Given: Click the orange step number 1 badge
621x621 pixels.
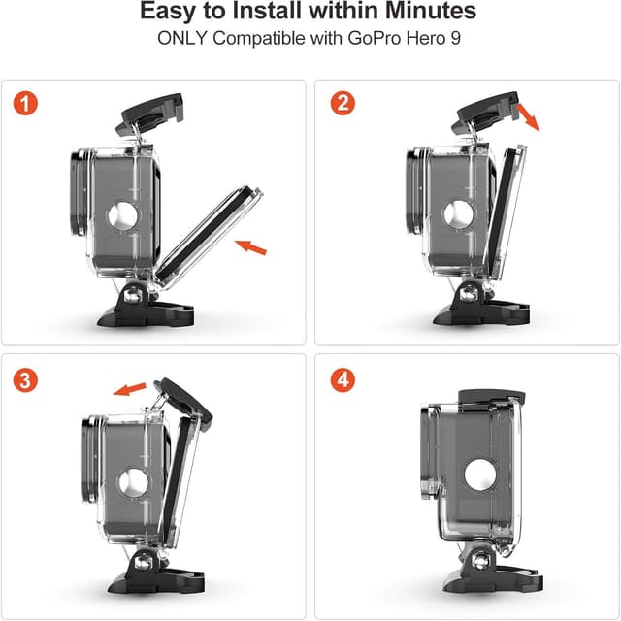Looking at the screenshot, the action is pyautogui.click(x=25, y=104).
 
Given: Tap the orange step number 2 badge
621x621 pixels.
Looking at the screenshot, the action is pyautogui.click(x=343, y=103).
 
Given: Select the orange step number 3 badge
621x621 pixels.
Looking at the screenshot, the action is pyautogui.click(x=25, y=379).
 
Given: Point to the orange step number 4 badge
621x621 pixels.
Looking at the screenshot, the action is pyautogui.click(x=343, y=379).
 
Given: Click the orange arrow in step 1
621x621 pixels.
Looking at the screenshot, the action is pyautogui.click(x=250, y=247).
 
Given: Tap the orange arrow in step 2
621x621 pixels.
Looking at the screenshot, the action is pyautogui.click(x=528, y=116).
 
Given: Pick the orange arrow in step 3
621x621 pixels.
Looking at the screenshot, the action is pyautogui.click(x=129, y=388).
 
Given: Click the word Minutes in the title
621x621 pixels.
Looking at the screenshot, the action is pyautogui.click(x=431, y=11).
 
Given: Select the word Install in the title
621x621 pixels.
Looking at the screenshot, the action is pyautogui.click(x=267, y=11).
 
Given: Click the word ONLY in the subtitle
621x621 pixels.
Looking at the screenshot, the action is pyautogui.click(x=182, y=39).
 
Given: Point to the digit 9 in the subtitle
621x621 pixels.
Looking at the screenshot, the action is pyautogui.click(x=456, y=39).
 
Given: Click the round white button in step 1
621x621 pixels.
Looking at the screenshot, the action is pyautogui.click(x=123, y=216).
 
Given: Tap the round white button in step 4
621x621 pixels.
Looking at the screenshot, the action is pyautogui.click(x=480, y=474).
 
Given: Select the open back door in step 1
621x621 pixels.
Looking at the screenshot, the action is pyautogui.click(x=209, y=236).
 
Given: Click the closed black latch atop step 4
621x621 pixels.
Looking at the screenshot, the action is pyautogui.click(x=492, y=397).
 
